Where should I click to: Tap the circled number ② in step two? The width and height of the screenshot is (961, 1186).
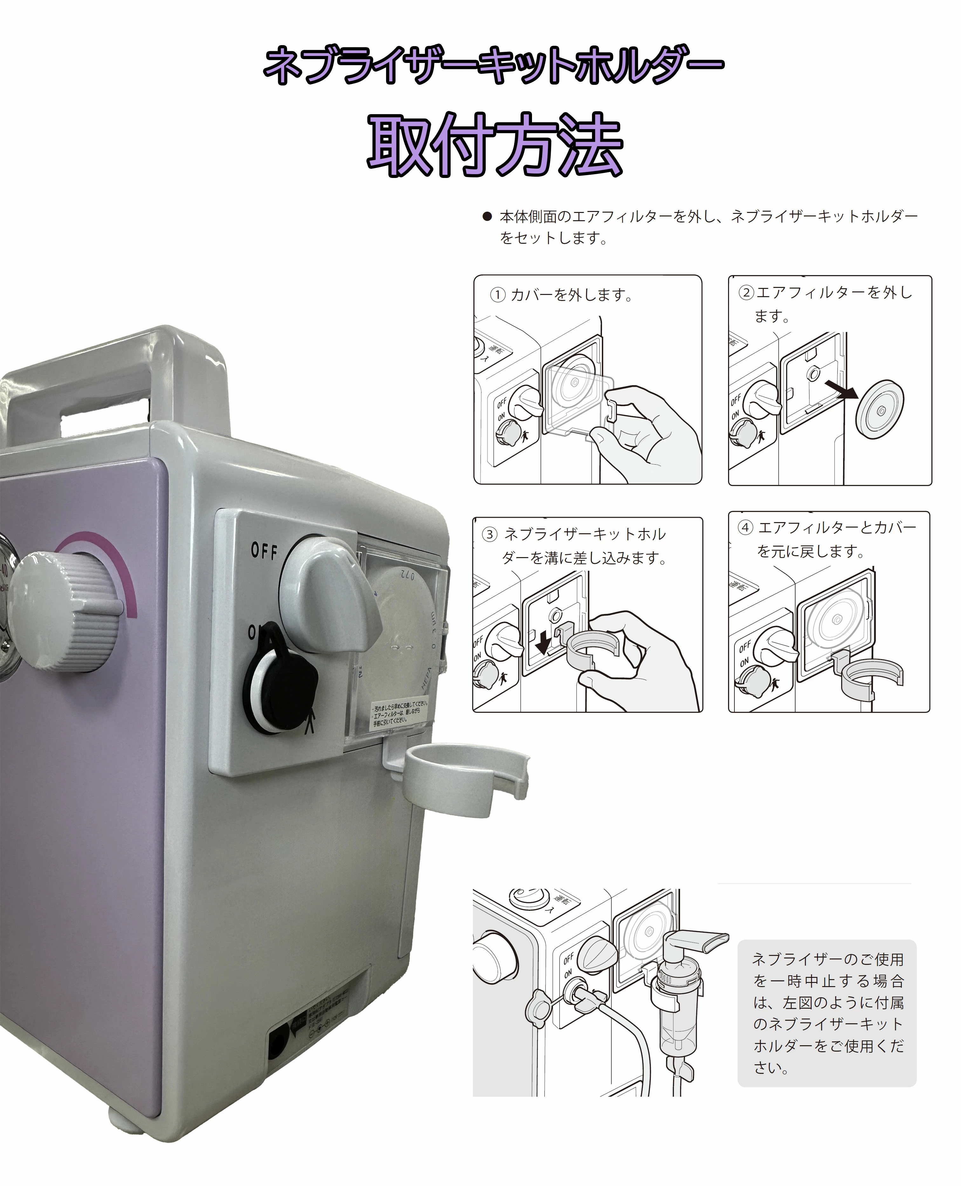(746, 293)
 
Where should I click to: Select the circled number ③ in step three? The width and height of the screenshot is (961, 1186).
(489, 535)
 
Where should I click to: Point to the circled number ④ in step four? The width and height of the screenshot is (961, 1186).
(745, 528)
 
